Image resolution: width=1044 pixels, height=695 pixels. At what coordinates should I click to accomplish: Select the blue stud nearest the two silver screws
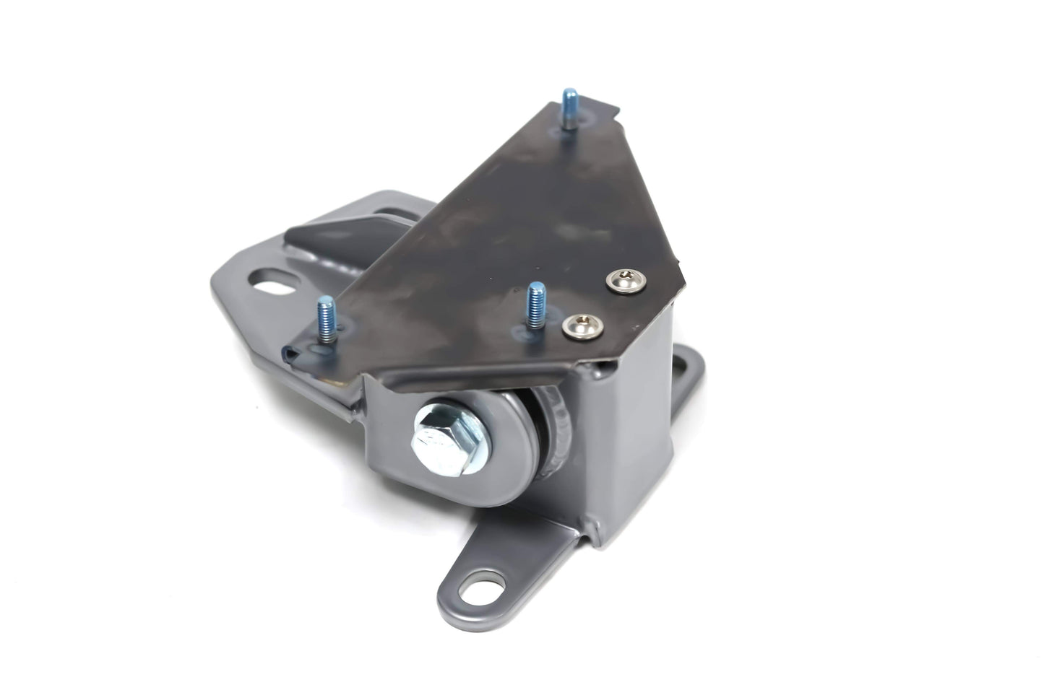pyautogui.click(x=535, y=302)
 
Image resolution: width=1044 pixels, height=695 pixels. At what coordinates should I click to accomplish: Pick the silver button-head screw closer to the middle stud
pyautogui.click(x=575, y=324)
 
